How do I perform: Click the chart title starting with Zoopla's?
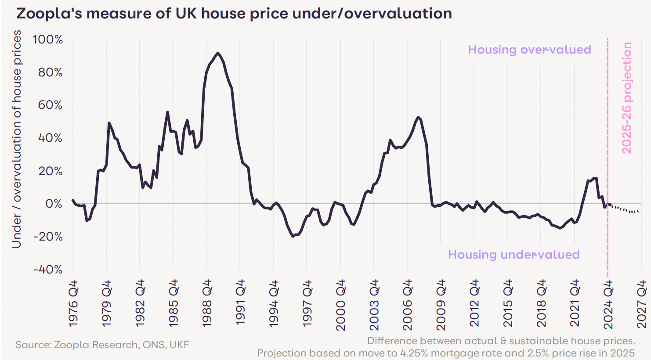coord(234,14)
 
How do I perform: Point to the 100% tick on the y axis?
coord(47,40)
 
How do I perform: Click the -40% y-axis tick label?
coord(48,269)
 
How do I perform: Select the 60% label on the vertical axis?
coord(50,105)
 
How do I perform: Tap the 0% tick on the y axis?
coord(54,204)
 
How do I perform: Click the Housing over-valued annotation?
coord(529,50)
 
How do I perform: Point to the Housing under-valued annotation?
coord(514,255)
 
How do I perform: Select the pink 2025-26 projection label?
coord(627,97)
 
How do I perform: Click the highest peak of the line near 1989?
coord(217,53)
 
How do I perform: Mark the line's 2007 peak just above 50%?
coord(418,117)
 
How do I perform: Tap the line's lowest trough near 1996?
coord(293,236)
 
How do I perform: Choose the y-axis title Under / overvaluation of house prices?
coord(16,139)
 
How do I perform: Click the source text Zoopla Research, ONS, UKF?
coord(102,345)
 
